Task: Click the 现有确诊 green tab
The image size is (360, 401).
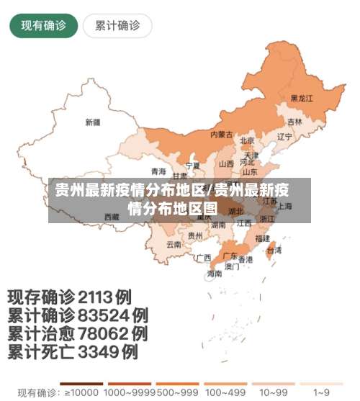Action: [x=43, y=26]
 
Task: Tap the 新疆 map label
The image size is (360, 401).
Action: [x=92, y=122]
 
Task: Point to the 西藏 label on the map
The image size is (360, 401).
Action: [x=112, y=216]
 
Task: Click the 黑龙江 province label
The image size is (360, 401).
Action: [x=302, y=99]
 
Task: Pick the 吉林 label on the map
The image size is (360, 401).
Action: [x=295, y=122]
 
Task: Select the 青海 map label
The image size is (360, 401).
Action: [x=158, y=171]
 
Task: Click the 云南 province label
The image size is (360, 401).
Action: [x=174, y=244]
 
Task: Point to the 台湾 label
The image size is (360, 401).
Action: [x=274, y=251]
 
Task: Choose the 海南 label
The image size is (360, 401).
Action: [x=215, y=274]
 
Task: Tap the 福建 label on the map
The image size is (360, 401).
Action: [x=262, y=238]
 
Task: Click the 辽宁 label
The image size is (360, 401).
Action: [x=284, y=136]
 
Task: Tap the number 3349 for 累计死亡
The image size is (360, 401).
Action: [x=98, y=353]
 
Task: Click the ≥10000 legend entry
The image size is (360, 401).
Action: [x=81, y=392]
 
